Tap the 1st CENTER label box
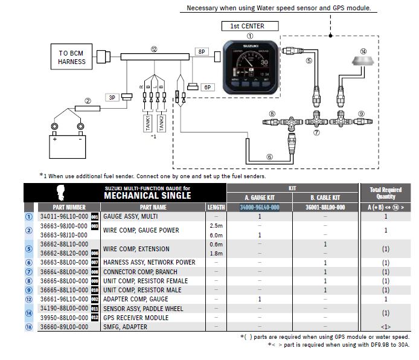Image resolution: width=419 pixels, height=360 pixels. coord(247,26)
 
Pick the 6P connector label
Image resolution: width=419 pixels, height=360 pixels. coord(208,88)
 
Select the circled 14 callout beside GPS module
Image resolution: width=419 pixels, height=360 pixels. coord(362,51)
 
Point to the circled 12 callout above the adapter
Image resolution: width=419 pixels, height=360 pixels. coord(154,49)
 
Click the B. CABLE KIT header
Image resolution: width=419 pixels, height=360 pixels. coord(324,198)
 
